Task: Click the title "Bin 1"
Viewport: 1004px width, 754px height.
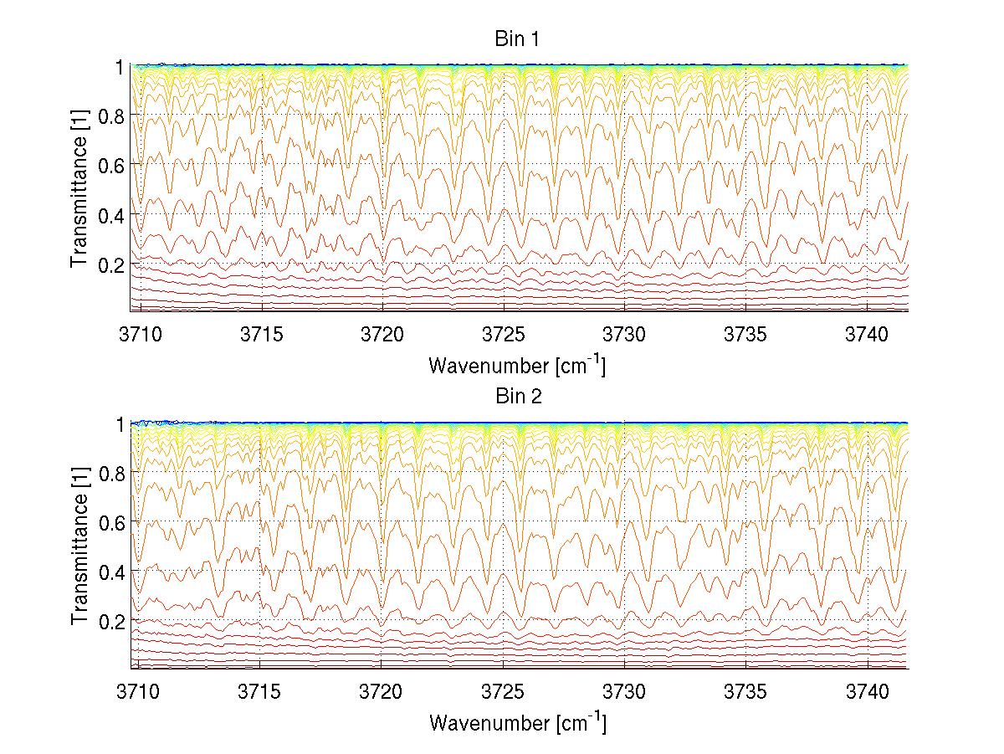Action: click(x=519, y=39)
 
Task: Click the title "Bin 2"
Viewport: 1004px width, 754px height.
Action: click(x=519, y=397)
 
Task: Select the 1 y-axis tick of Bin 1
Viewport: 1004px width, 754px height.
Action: click(x=120, y=67)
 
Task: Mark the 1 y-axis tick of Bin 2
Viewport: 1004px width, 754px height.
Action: click(x=120, y=424)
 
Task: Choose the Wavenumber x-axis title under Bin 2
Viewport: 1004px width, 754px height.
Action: click(x=517, y=722)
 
